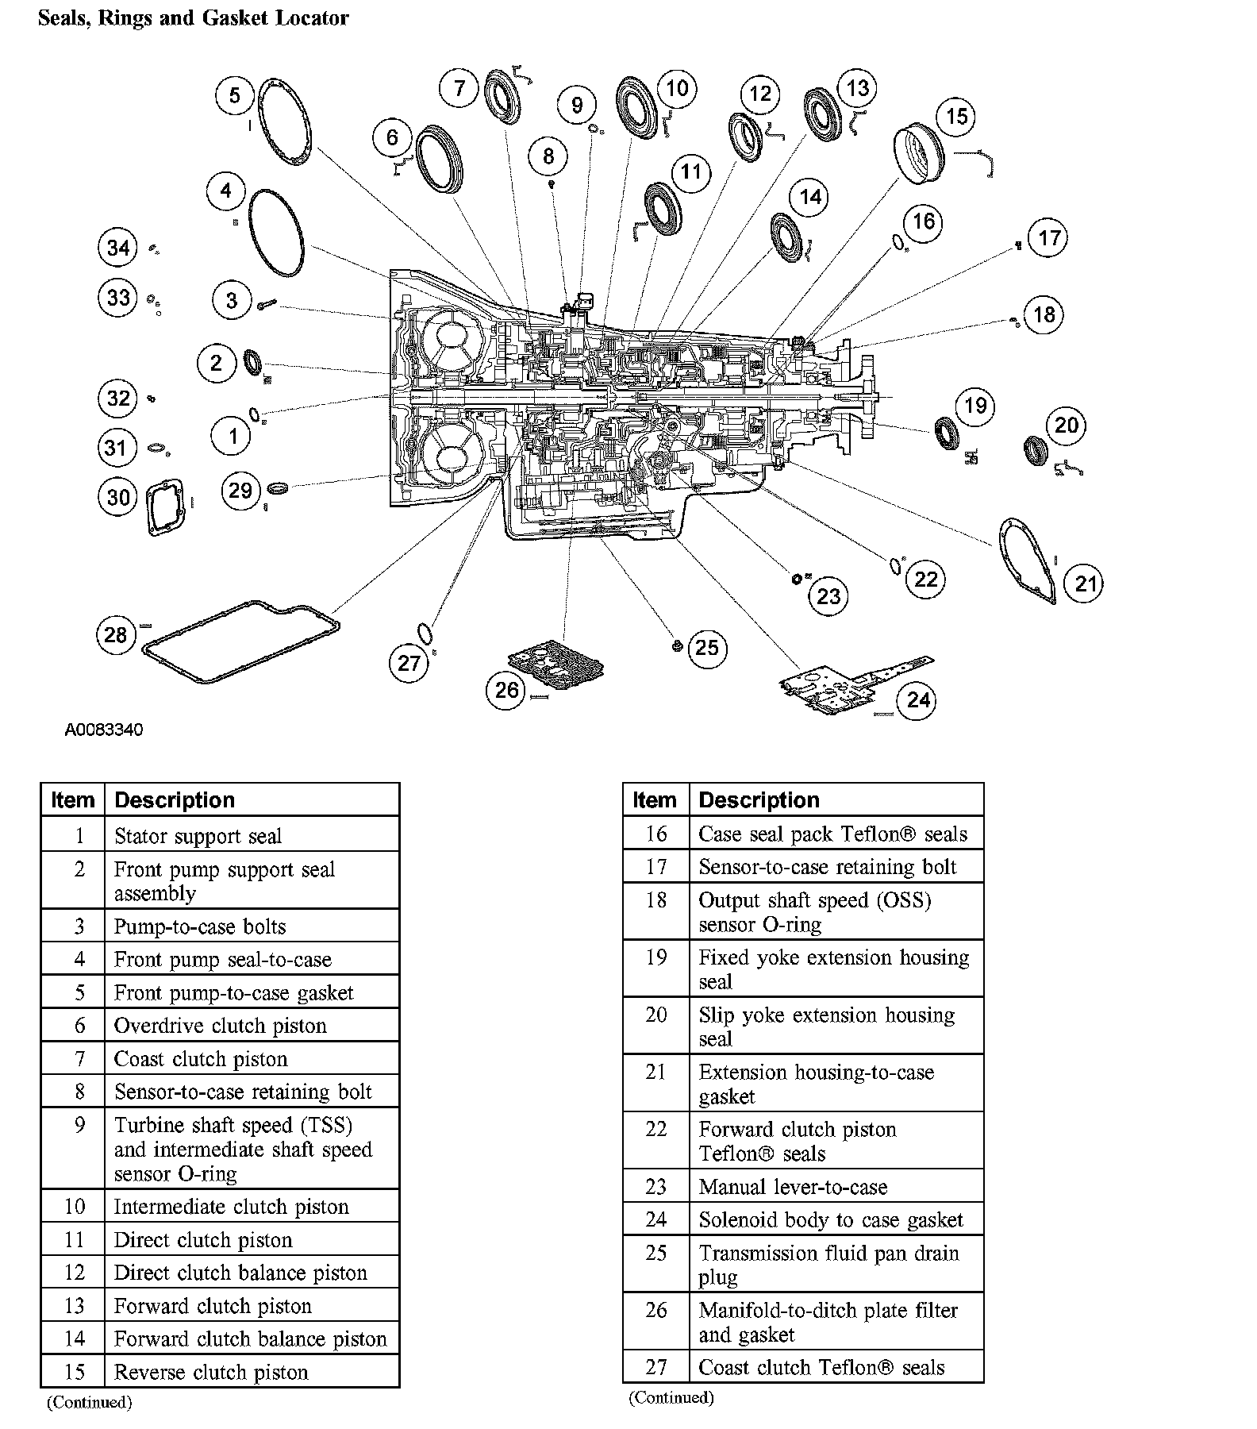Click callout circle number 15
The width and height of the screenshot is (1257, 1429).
click(x=957, y=117)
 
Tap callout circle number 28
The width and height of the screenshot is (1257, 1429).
click(x=116, y=634)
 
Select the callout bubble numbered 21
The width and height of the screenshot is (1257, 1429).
click(x=1085, y=584)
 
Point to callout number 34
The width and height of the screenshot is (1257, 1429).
click(x=118, y=248)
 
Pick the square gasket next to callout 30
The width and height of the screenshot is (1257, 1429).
click(x=166, y=507)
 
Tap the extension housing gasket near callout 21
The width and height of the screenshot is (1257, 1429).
click(x=1028, y=560)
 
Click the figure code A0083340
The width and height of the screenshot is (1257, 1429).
click(x=104, y=730)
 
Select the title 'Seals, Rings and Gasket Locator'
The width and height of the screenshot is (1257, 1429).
click(x=194, y=18)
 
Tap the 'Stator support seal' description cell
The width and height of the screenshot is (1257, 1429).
click(x=198, y=836)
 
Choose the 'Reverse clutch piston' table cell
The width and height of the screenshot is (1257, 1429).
click(x=211, y=1372)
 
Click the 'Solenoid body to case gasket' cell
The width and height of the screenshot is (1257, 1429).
click(x=831, y=1219)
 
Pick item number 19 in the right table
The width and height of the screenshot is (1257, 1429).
click(x=655, y=957)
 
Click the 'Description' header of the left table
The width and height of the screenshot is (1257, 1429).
click(x=175, y=800)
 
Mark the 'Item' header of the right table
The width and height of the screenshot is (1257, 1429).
click(x=655, y=800)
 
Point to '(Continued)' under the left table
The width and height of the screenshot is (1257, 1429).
click(x=90, y=1402)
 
